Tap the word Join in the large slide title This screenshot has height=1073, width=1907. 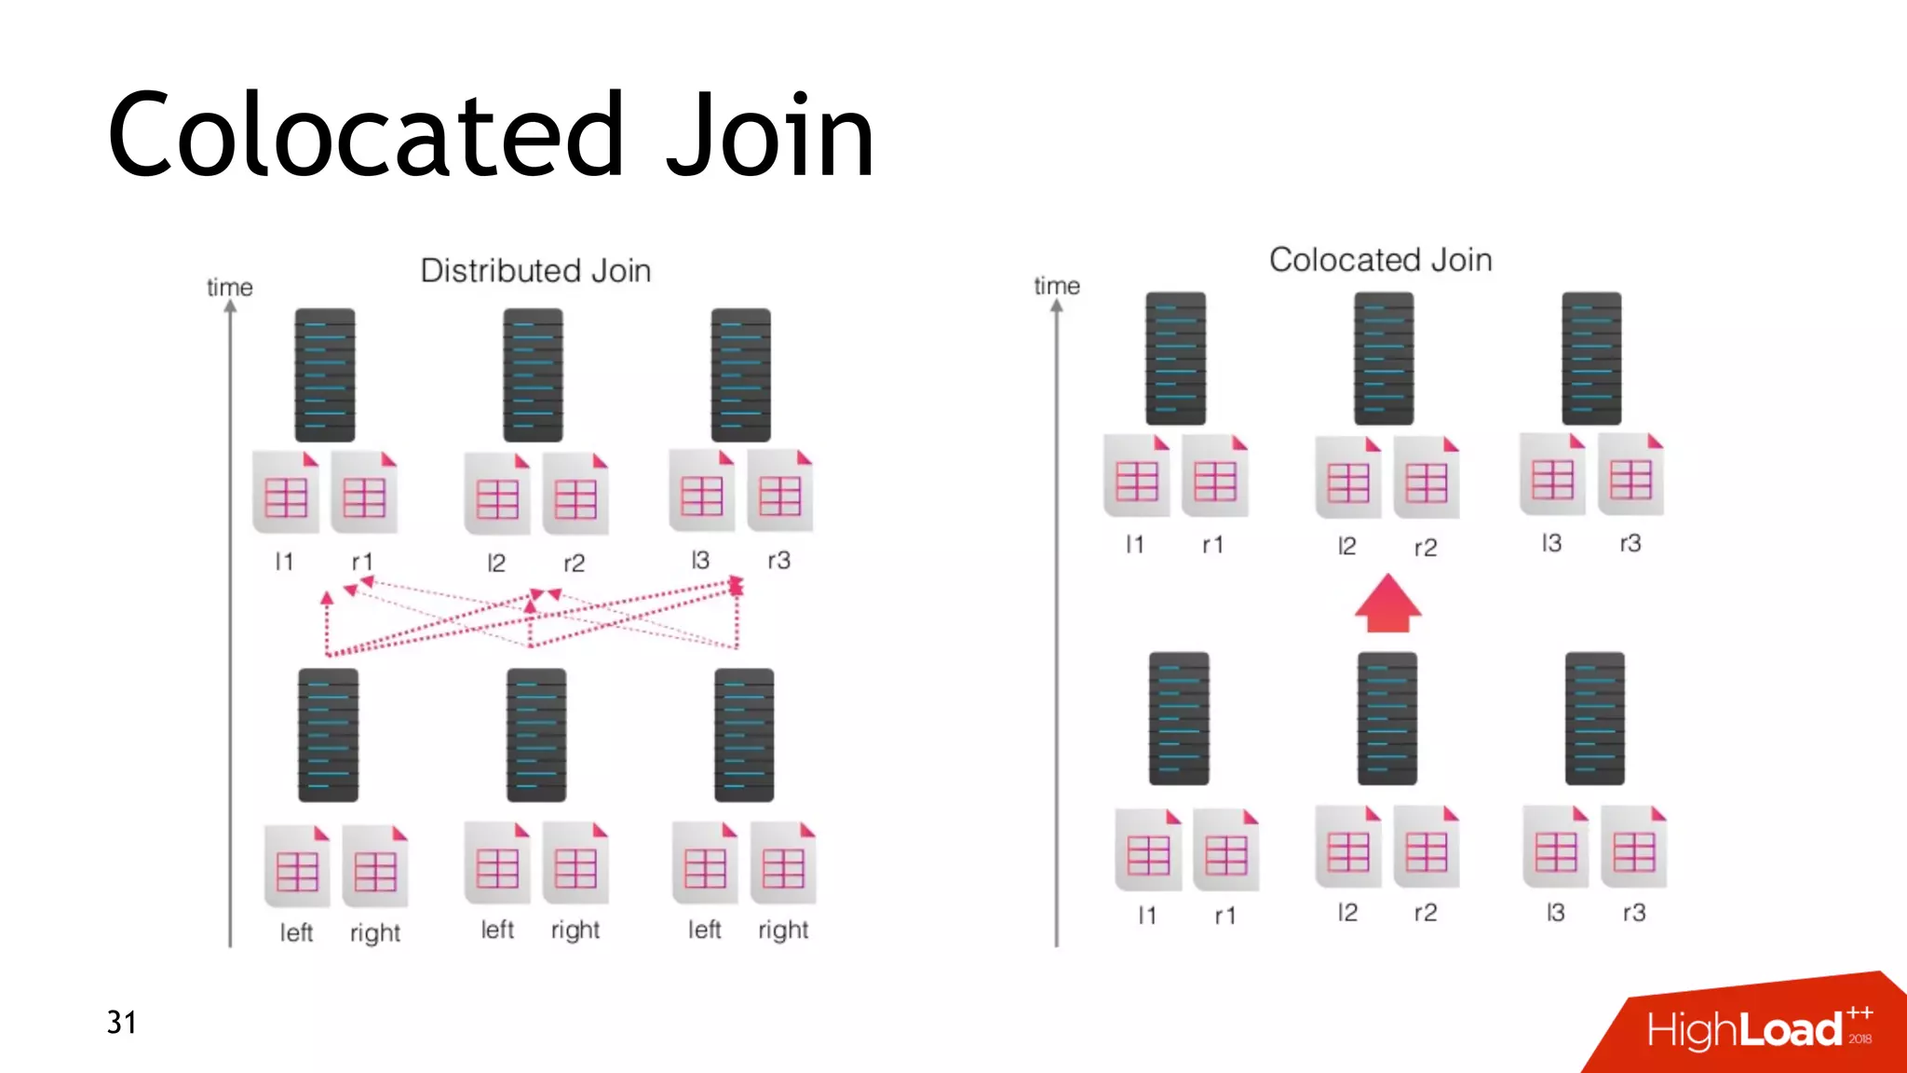click(771, 135)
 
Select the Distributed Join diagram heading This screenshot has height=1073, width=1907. click(535, 271)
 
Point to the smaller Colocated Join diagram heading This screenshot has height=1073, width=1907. click(1380, 260)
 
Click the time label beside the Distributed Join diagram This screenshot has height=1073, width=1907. click(229, 287)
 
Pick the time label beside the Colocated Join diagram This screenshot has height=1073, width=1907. click(1056, 286)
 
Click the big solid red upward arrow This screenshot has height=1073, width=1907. click(1387, 604)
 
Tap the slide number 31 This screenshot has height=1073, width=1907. click(121, 1023)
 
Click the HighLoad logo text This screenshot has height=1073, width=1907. click(1744, 1030)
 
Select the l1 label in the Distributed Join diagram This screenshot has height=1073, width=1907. click(284, 562)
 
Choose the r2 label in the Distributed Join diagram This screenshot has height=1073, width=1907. click(574, 563)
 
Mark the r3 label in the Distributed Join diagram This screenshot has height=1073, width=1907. click(778, 560)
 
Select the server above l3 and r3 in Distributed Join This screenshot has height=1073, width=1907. click(740, 374)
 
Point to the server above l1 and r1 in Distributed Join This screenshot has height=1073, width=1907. click(325, 374)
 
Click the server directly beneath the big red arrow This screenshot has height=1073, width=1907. click(1386, 718)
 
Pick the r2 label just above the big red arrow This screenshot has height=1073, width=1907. click(1425, 548)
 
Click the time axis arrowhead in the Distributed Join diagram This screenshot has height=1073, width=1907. click(230, 306)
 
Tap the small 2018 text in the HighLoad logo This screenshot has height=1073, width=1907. click(1860, 1039)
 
